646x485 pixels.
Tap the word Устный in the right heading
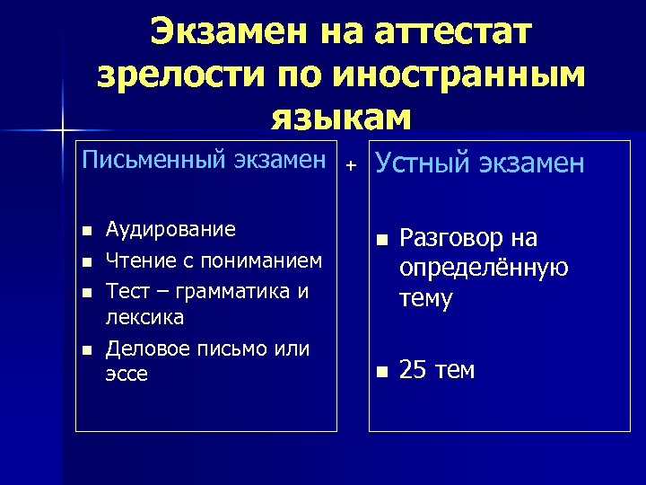421,163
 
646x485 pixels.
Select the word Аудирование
170,229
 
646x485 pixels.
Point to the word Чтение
137,260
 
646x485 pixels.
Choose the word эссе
127,374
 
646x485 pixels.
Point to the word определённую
484,268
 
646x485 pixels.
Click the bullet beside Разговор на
380,241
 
